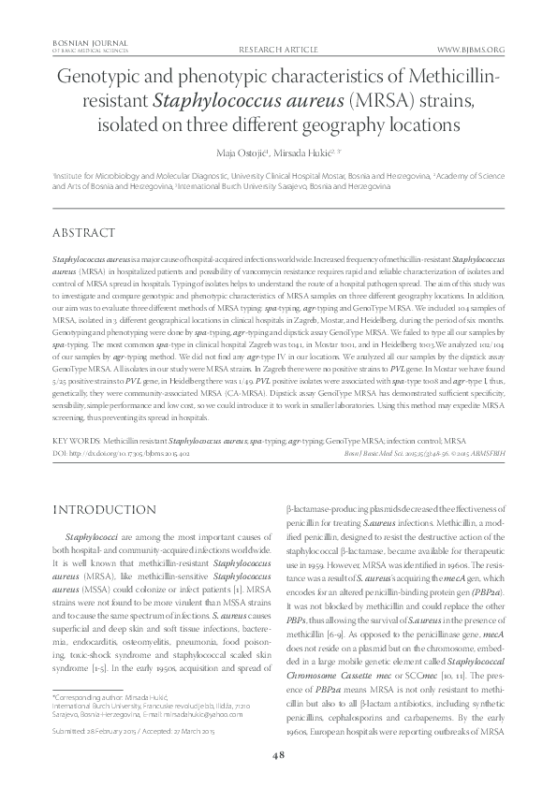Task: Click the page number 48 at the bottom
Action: (x=278, y=757)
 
